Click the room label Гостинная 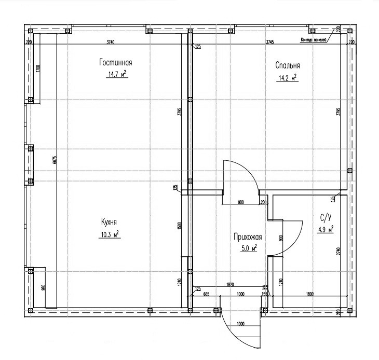click(116, 63)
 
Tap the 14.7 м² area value click(117, 75)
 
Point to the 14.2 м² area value click(287, 78)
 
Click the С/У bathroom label click(326, 217)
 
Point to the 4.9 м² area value click(325, 229)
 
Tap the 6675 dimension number click(55, 160)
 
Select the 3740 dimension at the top click(110, 41)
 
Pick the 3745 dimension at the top click(270, 41)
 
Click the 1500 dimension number click(178, 226)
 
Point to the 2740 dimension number click(338, 251)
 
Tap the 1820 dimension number click(231, 285)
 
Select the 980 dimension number click(44, 287)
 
